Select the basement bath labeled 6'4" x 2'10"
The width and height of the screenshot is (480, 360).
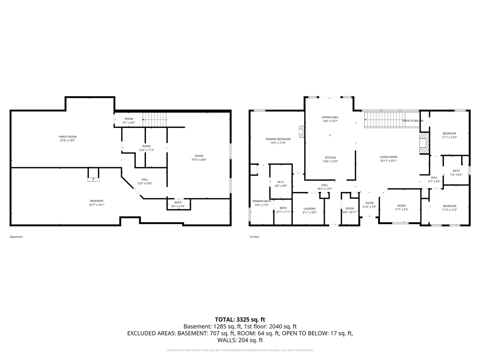point(178,204)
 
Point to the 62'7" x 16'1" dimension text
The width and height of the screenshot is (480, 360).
point(97,205)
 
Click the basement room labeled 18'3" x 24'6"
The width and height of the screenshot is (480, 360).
point(199,157)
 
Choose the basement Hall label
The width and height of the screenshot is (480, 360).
point(144,181)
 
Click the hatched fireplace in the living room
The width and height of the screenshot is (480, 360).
point(424,143)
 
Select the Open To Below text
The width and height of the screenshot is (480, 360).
point(412,121)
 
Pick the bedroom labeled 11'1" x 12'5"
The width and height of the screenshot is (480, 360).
point(449,135)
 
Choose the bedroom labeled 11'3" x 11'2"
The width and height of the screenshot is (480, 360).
point(449,208)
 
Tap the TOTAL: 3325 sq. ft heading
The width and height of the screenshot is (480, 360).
point(240,319)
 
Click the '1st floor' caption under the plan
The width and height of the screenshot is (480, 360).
point(254,237)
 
